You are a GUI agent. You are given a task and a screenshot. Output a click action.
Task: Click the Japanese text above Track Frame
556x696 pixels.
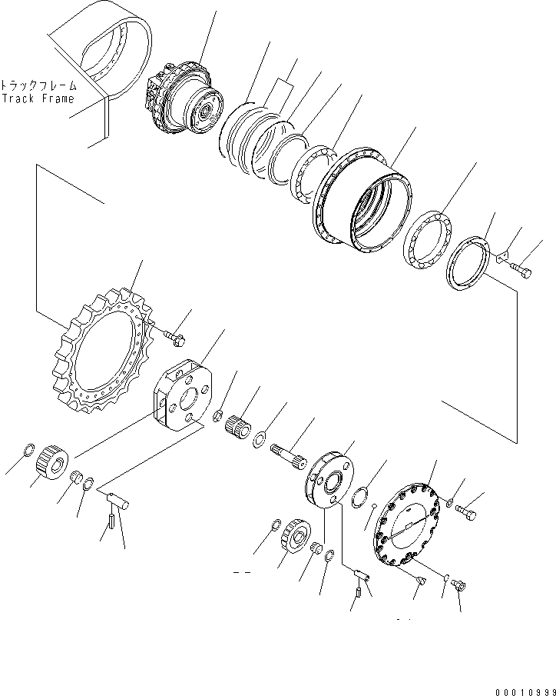(x=38, y=85)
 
